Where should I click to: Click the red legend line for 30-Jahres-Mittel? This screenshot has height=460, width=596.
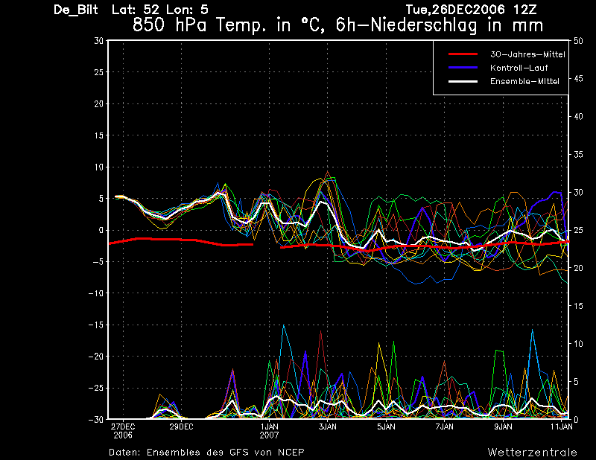click(463, 54)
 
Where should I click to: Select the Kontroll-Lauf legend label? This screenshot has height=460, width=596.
click(519, 68)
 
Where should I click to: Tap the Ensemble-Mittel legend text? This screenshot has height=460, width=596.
click(524, 81)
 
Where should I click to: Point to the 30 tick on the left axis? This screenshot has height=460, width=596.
click(98, 40)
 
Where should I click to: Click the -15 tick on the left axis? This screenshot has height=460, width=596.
click(96, 325)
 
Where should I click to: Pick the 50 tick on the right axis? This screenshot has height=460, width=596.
click(578, 41)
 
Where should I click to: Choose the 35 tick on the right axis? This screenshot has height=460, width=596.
click(578, 155)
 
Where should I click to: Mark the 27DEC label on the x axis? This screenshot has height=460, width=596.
click(123, 427)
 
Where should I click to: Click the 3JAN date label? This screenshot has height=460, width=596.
click(327, 427)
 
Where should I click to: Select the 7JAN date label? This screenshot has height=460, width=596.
click(444, 427)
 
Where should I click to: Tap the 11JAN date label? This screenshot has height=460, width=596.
click(562, 427)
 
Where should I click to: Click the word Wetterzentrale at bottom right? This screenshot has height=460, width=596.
click(532, 452)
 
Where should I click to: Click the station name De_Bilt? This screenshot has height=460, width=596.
click(76, 10)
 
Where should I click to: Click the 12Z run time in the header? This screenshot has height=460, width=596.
click(524, 10)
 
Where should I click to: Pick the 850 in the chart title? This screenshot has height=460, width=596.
click(148, 25)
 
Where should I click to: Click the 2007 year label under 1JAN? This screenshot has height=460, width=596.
click(269, 435)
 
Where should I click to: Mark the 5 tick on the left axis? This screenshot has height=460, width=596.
click(101, 198)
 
